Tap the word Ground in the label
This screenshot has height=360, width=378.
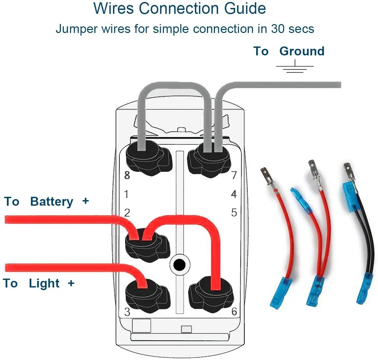click(x=302, y=51)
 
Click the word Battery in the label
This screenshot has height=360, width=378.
click(x=52, y=201)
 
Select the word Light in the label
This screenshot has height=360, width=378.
click(x=44, y=283)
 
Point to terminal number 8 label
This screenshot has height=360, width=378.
click(x=127, y=175)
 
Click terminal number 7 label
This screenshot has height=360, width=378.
click(x=234, y=175)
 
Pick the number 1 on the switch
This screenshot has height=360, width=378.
click(x=126, y=194)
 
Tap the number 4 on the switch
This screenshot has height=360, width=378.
click(x=234, y=194)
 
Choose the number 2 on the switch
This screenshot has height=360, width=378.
click(x=127, y=213)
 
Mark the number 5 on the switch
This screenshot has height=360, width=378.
click(x=234, y=213)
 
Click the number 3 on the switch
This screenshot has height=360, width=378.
click(x=127, y=311)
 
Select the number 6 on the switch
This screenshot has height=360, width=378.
click(x=234, y=311)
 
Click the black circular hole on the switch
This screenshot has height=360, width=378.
click(x=179, y=264)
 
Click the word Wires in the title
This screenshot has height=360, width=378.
click(x=113, y=8)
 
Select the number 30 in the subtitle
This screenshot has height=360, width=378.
click(x=278, y=29)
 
